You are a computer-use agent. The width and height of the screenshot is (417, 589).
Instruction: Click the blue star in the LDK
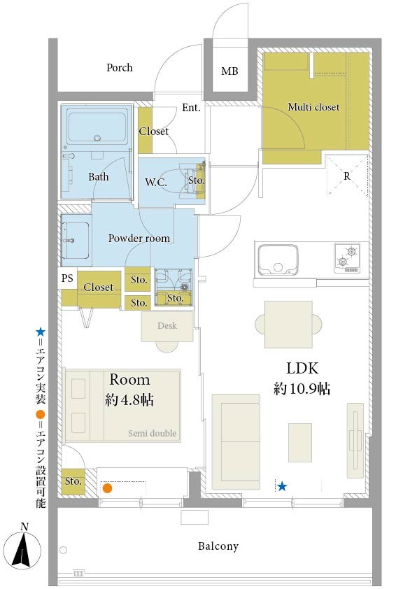click(x=282, y=487)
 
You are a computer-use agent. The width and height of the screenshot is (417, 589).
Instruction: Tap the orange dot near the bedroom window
click(x=108, y=488)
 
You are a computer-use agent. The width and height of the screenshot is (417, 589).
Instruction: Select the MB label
click(x=229, y=71)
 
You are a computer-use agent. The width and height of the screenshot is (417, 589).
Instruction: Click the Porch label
click(x=120, y=68)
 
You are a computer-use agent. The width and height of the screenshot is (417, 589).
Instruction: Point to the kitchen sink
click(x=278, y=260)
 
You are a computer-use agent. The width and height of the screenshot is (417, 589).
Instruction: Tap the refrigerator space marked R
click(x=347, y=176)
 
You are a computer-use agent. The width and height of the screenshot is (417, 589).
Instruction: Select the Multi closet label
click(x=313, y=107)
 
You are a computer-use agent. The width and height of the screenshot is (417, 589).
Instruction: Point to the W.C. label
click(x=156, y=183)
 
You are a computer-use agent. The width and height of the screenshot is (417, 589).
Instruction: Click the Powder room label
click(x=139, y=238)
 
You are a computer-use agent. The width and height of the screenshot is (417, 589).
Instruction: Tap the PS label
click(x=67, y=278)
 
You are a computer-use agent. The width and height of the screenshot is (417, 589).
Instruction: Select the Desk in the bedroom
click(x=167, y=326)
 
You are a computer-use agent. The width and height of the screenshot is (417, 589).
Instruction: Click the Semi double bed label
click(x=152, y=433)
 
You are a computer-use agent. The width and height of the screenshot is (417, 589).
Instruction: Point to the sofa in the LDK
click(x=236, y=442)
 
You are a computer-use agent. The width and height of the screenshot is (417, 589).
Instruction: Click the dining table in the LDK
click(x=288, y=324)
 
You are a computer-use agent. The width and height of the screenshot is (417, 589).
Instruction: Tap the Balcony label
click(x=218, y=546)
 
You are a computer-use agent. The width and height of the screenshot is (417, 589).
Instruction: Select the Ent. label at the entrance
click(x=191, y=108)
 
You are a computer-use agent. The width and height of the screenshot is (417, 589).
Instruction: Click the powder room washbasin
click(x=75, y=241)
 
